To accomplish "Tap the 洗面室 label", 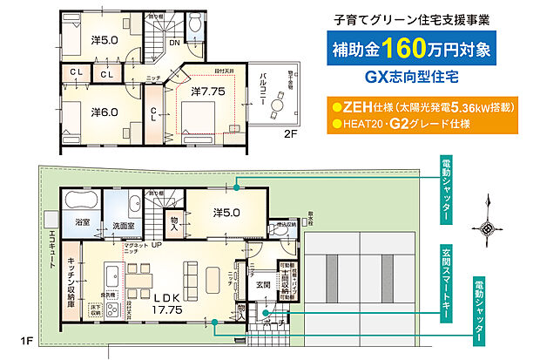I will click(x=122, y=225).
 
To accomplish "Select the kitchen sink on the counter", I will click(x=111, y=279).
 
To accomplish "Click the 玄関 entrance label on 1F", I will click(x=262, y=283).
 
